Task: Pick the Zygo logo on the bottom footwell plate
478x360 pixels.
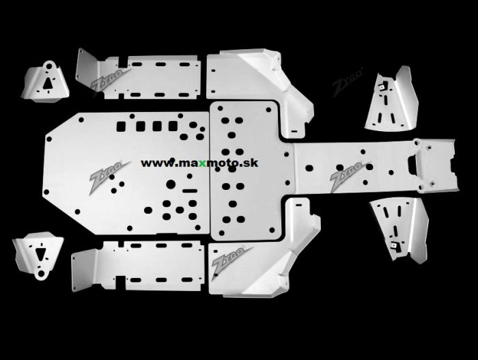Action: click(x=227, y=262)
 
